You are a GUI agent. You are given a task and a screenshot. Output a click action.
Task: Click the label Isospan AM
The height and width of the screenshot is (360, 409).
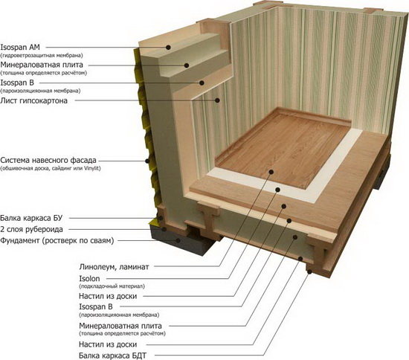coord(20,47)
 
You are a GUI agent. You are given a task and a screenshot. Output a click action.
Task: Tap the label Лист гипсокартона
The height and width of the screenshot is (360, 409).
coord(33,100)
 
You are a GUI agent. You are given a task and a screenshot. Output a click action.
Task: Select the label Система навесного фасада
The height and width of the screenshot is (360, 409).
coord(48,160)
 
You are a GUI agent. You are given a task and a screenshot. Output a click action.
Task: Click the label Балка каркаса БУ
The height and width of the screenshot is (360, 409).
coord(31,218)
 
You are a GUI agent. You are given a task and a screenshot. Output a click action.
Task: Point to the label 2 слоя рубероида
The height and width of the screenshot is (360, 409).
coord(31,230)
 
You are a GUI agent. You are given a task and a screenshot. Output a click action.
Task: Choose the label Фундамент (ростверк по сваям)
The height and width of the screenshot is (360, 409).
coord(57,240)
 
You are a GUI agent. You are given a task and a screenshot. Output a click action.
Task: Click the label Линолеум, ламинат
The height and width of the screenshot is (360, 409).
coord(114,267)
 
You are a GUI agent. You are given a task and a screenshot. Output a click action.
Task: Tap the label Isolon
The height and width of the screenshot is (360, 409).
coord(89,279)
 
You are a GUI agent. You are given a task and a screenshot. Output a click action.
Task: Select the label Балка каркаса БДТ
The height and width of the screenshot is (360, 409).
coord(113,356)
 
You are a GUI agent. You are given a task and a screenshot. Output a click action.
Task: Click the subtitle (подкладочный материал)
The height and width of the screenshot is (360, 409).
coord(112,286)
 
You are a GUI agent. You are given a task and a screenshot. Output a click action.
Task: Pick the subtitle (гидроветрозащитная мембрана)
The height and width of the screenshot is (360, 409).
coord(42,55)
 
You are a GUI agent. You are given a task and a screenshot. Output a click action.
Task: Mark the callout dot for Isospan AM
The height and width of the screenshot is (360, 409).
coord(169,47)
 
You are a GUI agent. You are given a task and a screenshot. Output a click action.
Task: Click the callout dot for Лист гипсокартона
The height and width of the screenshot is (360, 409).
coord(217,100)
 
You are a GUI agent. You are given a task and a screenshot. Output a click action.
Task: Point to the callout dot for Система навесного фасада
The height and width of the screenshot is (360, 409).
coord(147,161)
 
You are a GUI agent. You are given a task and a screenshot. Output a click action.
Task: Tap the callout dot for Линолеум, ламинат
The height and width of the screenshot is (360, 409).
coord(271,172)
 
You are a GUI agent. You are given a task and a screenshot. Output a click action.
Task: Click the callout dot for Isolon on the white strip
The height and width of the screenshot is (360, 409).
coord(278,190)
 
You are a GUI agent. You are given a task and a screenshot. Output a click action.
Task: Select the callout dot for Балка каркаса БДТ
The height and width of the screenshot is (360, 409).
coord(309,271)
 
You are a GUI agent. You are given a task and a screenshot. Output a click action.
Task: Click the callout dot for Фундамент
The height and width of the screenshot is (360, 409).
coord(178,240)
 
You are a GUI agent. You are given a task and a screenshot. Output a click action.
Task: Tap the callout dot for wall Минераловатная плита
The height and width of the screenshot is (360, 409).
coord(187,65)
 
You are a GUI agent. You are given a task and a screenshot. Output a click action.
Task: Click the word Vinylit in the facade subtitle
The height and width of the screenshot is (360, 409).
coord(92,168)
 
